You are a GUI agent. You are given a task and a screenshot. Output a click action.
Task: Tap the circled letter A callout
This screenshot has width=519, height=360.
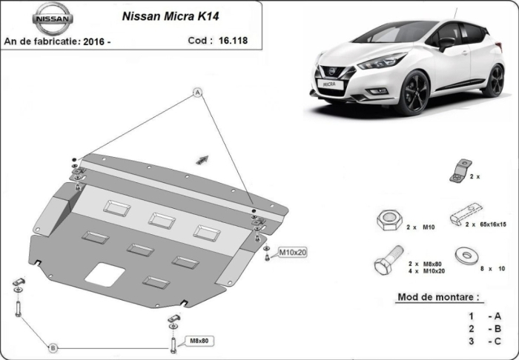[x=197, y=93]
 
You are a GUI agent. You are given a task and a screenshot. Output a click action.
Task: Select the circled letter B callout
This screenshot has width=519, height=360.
[x=53, y=347]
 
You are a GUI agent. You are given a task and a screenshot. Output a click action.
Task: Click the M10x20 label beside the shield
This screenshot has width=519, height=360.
[x=293, y=253]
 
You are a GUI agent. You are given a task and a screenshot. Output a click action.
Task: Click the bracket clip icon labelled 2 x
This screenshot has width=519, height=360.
[x=459, y=171]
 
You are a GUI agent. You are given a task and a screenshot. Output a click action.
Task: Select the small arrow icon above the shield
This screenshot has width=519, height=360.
[x=201, y=158]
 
